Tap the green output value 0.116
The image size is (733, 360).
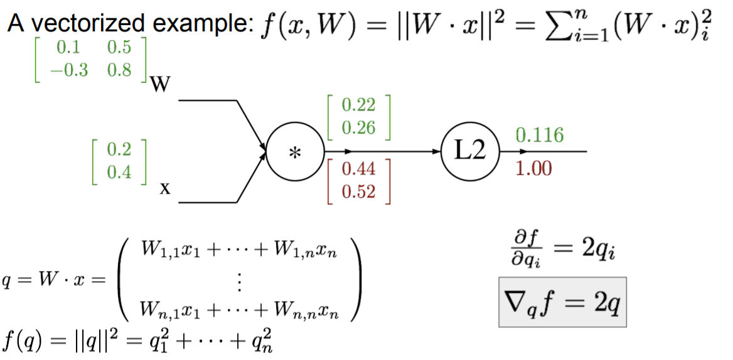[x=539, y=134]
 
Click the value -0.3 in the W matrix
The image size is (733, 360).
[x=72, y=70]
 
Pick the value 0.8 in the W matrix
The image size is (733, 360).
[x=119, y=70]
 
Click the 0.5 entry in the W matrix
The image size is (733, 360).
[x=119, y=48]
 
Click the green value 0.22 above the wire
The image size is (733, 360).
[x=358, y=106]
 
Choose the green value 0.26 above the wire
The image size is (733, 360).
[x=358, y=127]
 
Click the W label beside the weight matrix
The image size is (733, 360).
[x=156, y=85]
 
